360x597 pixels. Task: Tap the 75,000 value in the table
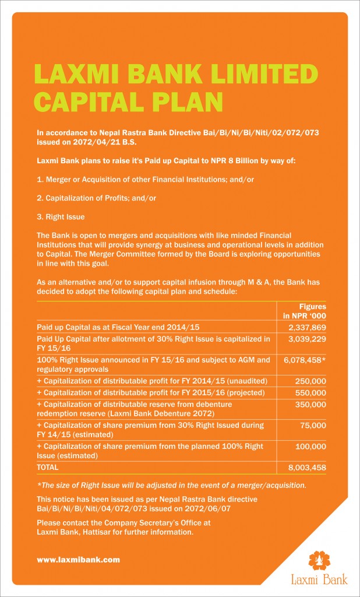coord(314,426)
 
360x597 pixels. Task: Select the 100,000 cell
coord(312,446)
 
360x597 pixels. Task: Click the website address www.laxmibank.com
coord(78,559)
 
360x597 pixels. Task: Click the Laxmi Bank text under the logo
coord(319,580)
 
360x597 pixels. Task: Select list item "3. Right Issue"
coord(61,217)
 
